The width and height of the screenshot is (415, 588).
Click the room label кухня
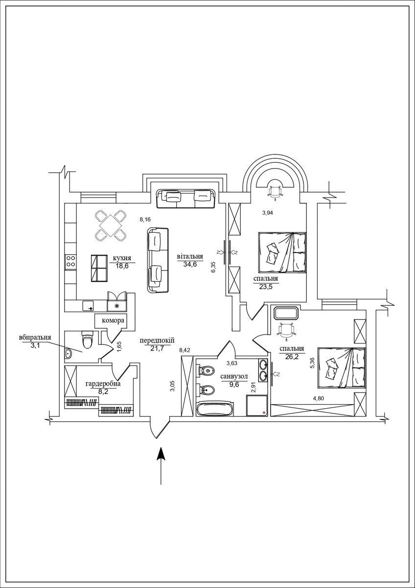coord(122,258)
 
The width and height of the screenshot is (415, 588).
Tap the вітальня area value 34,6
coord(190,264)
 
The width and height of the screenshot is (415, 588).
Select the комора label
coord(113,320)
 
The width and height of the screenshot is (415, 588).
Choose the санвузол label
coord(234,377)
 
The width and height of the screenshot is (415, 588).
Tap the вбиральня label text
coord(35,338)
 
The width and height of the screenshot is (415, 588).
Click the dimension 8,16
coord(145,220)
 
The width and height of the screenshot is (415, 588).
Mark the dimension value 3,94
coord(268,213)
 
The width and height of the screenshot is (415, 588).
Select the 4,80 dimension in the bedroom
coord(319,398)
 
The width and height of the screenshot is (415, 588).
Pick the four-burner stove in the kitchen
coord(70,262)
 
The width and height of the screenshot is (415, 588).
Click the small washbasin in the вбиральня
coord(69,354)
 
